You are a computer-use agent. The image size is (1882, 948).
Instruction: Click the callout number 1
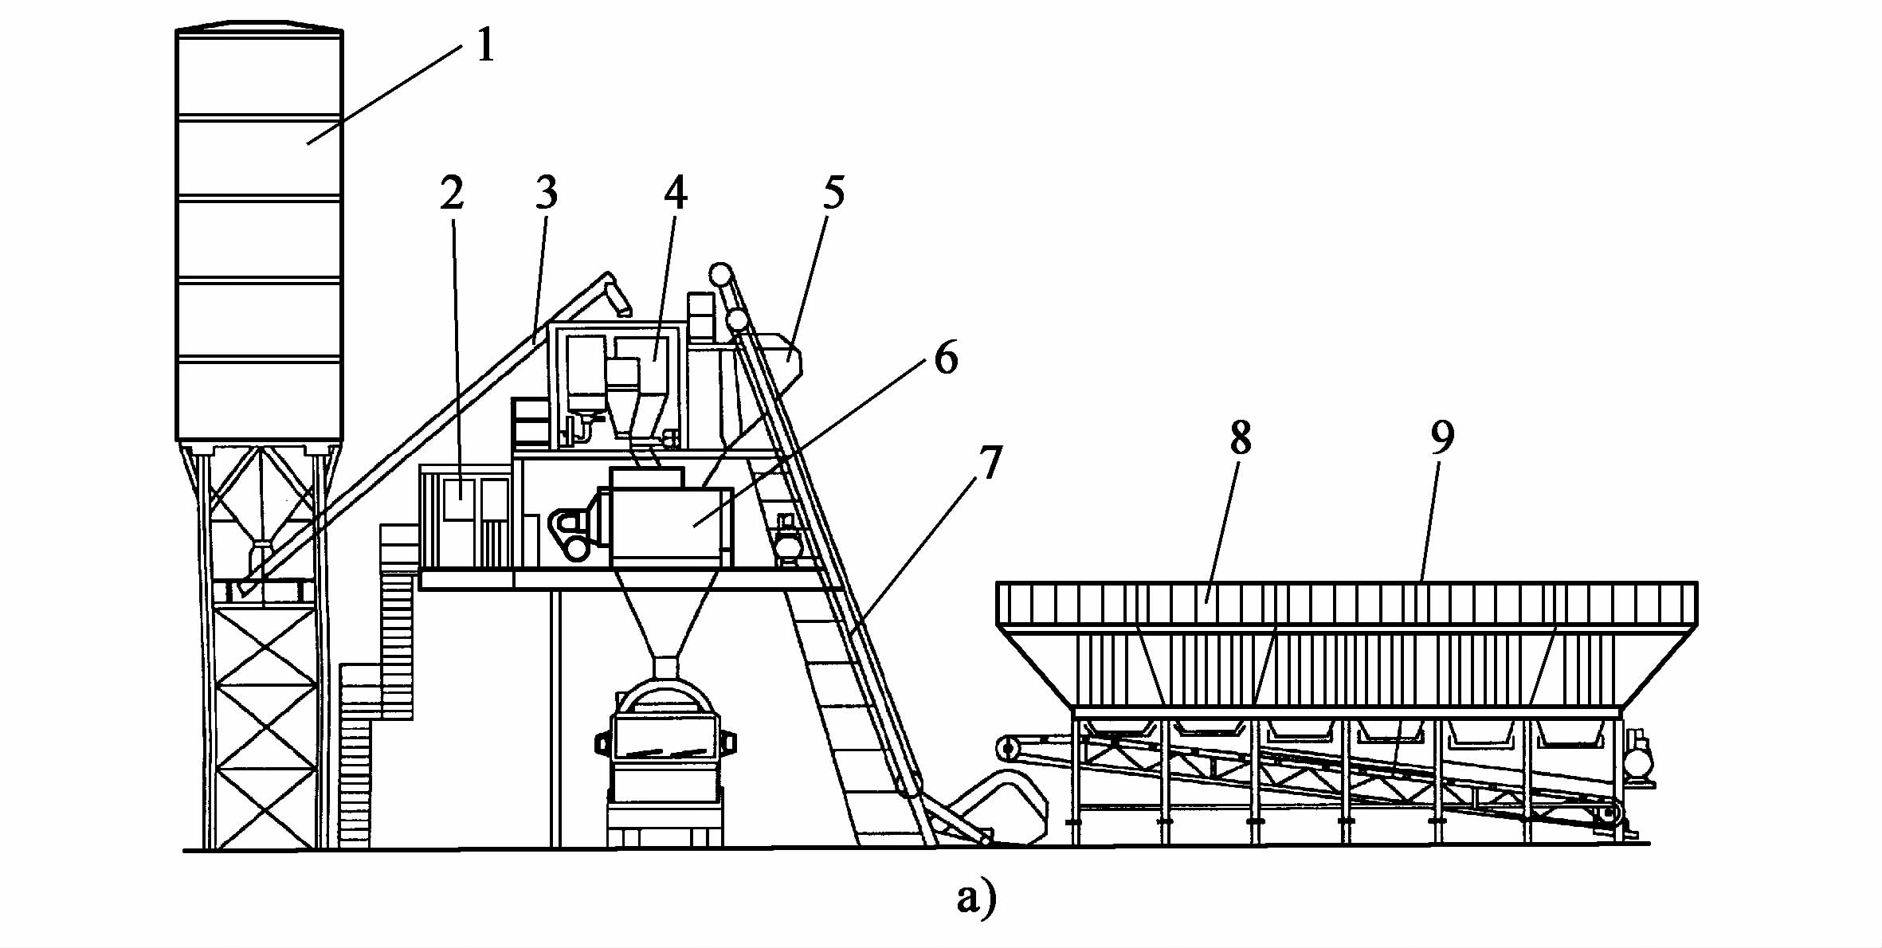[485, 45]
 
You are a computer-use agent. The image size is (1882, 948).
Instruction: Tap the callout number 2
[452, 194]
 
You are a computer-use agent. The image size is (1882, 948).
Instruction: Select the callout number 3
[546, 194]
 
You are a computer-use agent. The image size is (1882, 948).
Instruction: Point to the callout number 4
[675, 194]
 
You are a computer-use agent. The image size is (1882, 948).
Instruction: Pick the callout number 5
[833, 194]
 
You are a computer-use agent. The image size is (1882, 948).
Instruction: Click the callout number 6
[946, 358]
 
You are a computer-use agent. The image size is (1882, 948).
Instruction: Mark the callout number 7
[989, 464]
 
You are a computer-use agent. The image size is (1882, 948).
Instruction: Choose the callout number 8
[1240, 437]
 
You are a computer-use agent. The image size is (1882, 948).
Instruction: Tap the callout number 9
[1442, 437]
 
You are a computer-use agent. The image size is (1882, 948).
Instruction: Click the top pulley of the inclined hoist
[722, 274]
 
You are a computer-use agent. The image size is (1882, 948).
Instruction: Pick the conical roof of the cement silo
[259, 26]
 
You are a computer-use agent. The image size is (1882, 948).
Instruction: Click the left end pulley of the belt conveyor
[1009, 748]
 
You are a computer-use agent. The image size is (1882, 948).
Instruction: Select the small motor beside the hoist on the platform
[788, 543]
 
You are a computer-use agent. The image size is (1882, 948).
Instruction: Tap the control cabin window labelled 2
[460, 499]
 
